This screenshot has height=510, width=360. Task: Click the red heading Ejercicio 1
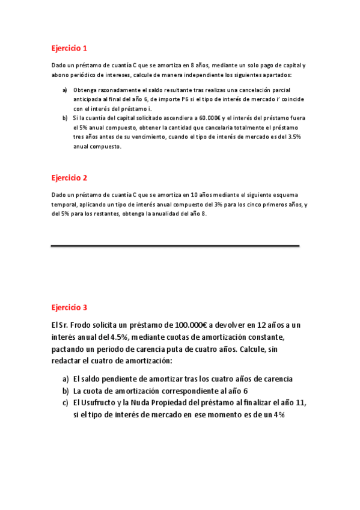[69, 48]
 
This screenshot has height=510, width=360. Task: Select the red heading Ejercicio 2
[69, 178]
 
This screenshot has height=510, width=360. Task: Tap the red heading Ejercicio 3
[69, 307]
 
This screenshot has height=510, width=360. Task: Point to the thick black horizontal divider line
[175, 246]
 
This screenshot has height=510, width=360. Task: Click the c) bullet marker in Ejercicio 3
[65, 404]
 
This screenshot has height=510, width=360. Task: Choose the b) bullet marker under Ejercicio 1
[65, 118]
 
